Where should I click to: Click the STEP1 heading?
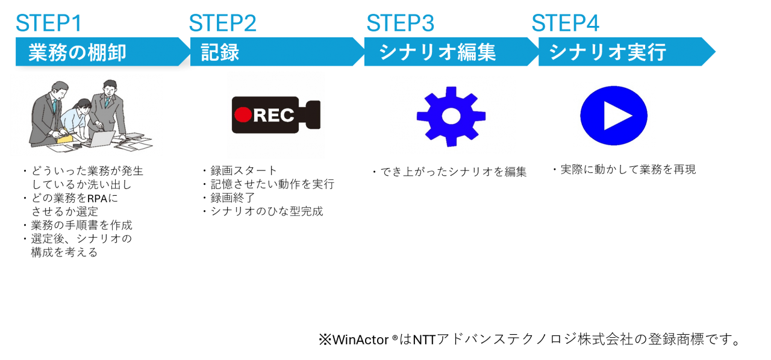[x=48, y=23]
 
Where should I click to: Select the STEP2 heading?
[x=223, y=23]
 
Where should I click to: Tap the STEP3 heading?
[x=401, y=23]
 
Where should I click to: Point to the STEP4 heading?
[x=565, y=23]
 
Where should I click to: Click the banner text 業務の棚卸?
[x=77, y=52]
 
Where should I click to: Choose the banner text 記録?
[x=220, y=52]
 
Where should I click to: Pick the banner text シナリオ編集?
[x=437, y=52]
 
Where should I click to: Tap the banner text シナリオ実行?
[x=607, y=52]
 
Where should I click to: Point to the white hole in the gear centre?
[x=451, y=116]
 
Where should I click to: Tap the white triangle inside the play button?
[x=616, y=116]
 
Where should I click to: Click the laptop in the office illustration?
[x=101, y=139]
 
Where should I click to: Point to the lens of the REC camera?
[x=313, y=114]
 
